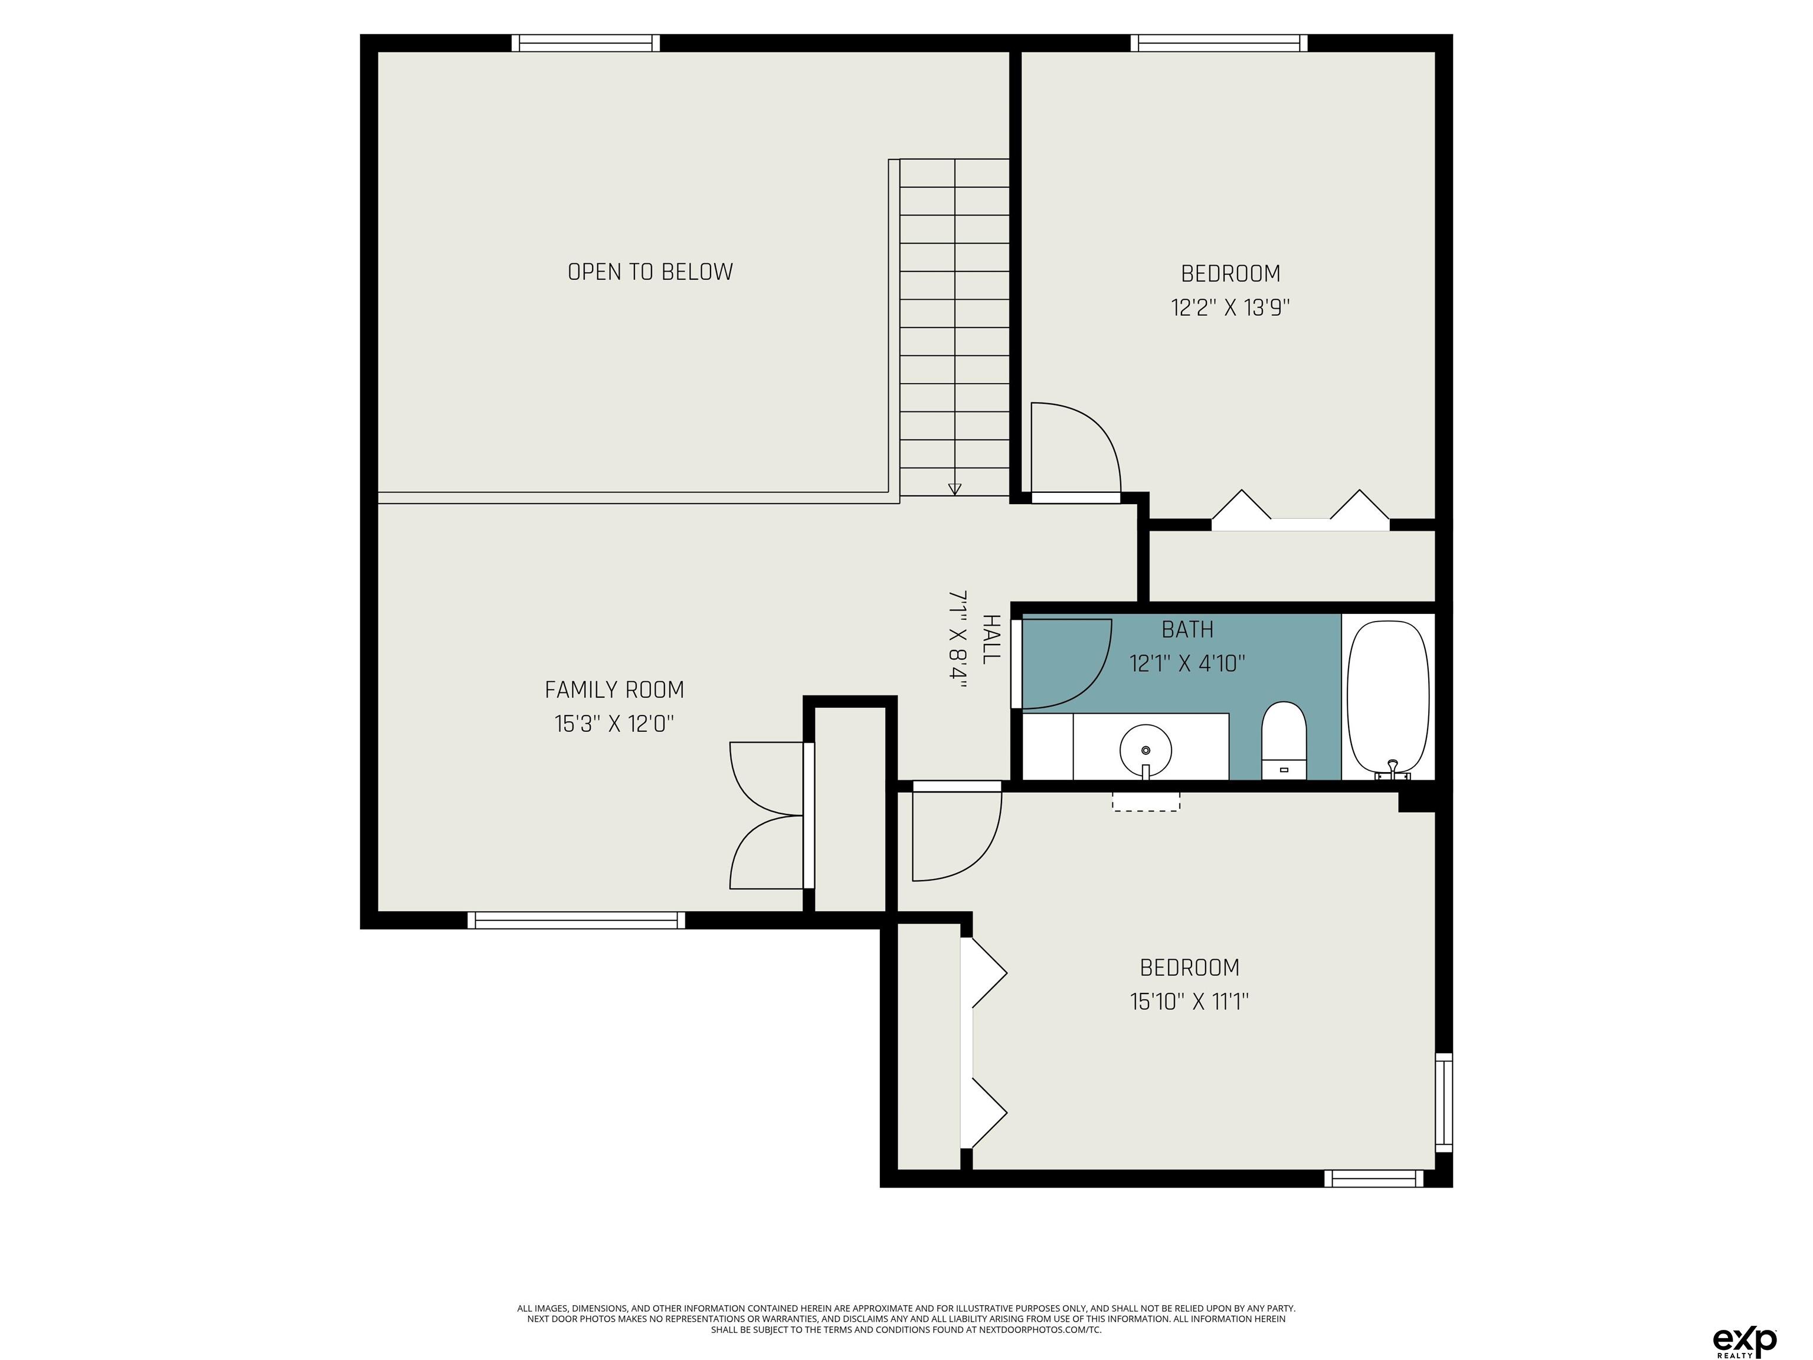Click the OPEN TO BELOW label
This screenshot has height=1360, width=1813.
point(650,272)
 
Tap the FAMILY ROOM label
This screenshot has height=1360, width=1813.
point(614,690)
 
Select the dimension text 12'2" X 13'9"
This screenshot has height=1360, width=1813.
point(1231,308)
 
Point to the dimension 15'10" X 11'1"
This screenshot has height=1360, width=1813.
point(1189,1001)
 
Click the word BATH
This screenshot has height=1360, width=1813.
point(1187,630)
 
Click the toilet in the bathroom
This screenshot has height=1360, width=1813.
point(1284,740)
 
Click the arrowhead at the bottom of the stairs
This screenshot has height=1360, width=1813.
point(954,489)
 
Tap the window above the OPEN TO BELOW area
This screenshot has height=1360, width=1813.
point(586,42)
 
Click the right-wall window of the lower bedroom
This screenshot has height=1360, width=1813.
point(1444,1102)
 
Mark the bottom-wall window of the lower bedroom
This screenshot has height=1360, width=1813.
point(1374,1178)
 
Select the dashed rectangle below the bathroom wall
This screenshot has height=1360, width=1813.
point(1146,801)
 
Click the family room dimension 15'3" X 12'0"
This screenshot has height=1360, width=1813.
point(614,724)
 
